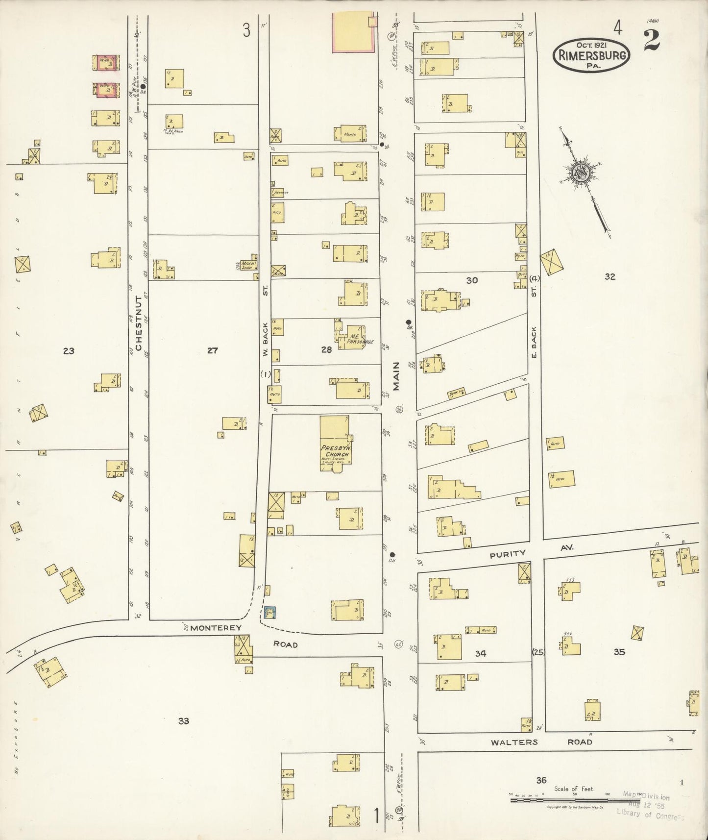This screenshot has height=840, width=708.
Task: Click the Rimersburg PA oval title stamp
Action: click(x=591, y=55)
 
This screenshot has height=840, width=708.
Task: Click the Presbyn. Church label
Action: click(x=335, y=451)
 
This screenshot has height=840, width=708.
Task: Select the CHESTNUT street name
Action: click(x=139, y=323)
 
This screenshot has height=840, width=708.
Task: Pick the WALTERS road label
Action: click(x=514, y=742)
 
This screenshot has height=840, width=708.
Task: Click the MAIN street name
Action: click(x=396, y=376)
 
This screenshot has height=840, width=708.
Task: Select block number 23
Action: click(x=69, y=350)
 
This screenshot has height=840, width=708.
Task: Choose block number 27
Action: click(x=212, y=350)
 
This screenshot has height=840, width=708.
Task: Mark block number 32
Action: click(x=610, y=276)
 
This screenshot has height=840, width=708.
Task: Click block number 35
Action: click(x=619, y=652)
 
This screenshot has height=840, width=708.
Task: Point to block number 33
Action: click(x=184, y=721)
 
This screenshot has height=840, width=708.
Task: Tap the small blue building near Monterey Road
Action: click(x=270, y=612)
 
